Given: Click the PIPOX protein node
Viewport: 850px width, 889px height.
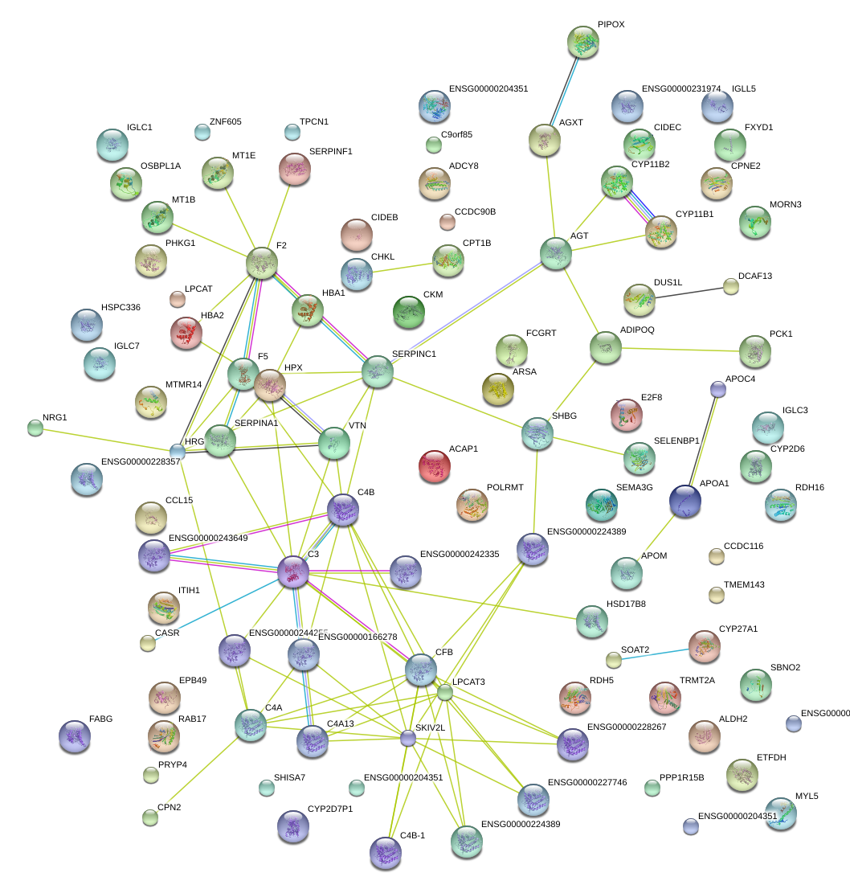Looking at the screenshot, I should click(583, 42).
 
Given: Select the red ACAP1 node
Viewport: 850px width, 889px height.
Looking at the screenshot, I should click(435, 466).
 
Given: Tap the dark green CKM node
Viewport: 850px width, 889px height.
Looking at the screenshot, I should click(409, 312).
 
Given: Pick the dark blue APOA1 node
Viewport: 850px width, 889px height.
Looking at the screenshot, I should click(685, 502).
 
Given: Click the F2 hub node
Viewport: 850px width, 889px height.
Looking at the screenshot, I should click(262, 263).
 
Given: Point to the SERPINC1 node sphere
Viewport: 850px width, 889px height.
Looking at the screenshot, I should click(376, 371).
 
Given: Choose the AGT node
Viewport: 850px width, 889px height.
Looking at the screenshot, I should click(555, 253).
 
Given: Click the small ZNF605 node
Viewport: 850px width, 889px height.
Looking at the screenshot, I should click(202, 131).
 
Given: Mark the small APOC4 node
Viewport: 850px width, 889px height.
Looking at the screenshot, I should click(718, 389).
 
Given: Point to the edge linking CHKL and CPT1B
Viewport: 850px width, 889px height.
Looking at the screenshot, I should click(403, 267).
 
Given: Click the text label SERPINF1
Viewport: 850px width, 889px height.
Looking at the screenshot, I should click(331, 151).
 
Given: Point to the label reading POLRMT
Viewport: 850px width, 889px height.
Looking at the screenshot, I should click(505, 488).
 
